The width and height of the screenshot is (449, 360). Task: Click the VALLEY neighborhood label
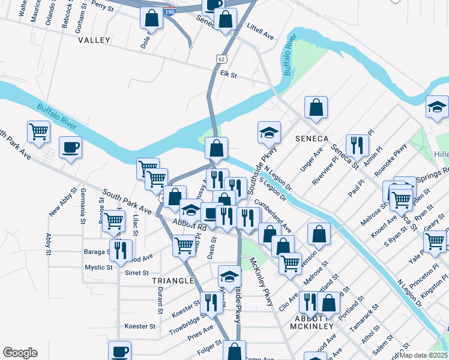(94, 40)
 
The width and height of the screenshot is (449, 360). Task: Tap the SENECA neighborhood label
(310, 138)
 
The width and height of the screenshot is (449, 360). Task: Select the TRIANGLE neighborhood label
(173, 281)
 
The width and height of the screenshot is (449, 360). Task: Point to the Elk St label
(229, 75)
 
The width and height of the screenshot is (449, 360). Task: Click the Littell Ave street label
(261, 32)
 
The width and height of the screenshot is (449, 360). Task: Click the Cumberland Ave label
(273, 217)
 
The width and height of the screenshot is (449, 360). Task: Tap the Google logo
(20, 353)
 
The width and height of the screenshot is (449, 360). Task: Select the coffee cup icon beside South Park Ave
(70, 148)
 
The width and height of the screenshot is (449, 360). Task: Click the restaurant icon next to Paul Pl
(357, 144)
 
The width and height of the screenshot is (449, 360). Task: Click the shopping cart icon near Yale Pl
(435, 242)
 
